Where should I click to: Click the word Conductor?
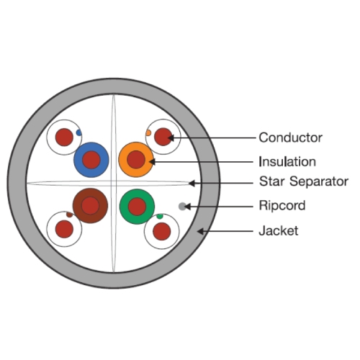(290, 138)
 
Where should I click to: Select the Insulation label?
(287, 161)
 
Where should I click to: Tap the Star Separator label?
(304, 181)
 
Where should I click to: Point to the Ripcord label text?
(282, 206)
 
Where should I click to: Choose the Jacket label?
(279, 230)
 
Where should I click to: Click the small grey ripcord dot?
(182, 206)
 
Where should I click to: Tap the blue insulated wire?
(91, 160)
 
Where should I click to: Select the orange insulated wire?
(136, 160)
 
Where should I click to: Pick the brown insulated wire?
(90, 206)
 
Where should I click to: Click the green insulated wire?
(137, 207)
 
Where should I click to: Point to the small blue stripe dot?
(78, 132)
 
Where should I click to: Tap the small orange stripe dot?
(148, 132)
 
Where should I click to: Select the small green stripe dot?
(160, 216)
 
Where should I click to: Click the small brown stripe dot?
(69, 215)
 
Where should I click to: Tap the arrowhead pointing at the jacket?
(201, 231)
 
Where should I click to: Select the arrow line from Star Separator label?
(221, 184)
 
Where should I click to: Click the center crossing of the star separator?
(114, 184)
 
